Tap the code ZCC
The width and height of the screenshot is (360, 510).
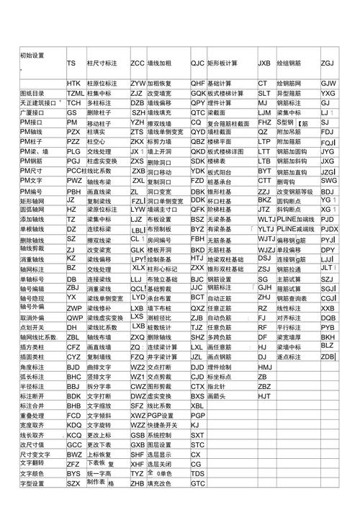[137, 63]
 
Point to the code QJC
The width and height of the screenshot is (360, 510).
[197, 63]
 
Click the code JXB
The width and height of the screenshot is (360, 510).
[264, 63]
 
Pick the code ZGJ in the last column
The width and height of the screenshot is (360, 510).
[328, 63]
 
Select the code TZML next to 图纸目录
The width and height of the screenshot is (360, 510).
[75, 94]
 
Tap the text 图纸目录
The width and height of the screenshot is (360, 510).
[32, 94]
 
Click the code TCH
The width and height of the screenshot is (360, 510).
[73, 103]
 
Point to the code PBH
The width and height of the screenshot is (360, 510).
[73, 192]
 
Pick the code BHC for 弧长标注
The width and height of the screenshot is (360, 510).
[73, 376]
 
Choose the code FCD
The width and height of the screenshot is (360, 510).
[73, 416]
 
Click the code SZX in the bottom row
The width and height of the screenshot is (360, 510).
[73, 504]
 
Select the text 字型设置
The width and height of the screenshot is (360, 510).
[32, 504]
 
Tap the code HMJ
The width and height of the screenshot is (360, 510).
[265, 367]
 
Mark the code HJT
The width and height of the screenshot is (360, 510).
[264, 395]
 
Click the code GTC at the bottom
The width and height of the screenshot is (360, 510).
[198, 504]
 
